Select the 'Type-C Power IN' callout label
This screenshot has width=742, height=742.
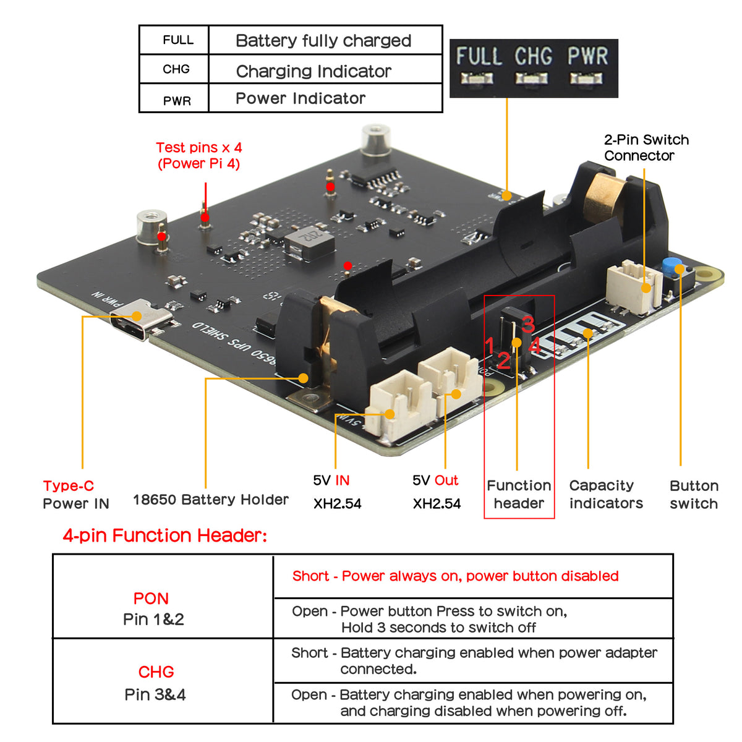[75, 495]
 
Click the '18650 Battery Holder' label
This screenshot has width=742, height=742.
[210, 500]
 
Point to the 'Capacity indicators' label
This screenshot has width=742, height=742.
[605, 494]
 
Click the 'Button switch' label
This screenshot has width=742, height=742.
[693, 494]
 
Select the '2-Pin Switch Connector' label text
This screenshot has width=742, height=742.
[646, 148]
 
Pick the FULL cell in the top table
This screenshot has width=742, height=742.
[177, 40]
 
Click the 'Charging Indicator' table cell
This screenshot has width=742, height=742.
[313, 71]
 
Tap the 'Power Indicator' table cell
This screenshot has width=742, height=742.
[301, 98]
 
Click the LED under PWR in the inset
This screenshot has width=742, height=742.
[586, 79]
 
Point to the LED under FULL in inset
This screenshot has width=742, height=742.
[477, 79]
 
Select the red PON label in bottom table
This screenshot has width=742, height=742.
[151, 599]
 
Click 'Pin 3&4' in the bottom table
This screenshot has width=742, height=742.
[155, 694]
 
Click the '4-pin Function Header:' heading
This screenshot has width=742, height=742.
[164, 535]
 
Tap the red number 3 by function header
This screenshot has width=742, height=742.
[527, 324]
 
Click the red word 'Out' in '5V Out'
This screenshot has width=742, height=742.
[446, 480]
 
